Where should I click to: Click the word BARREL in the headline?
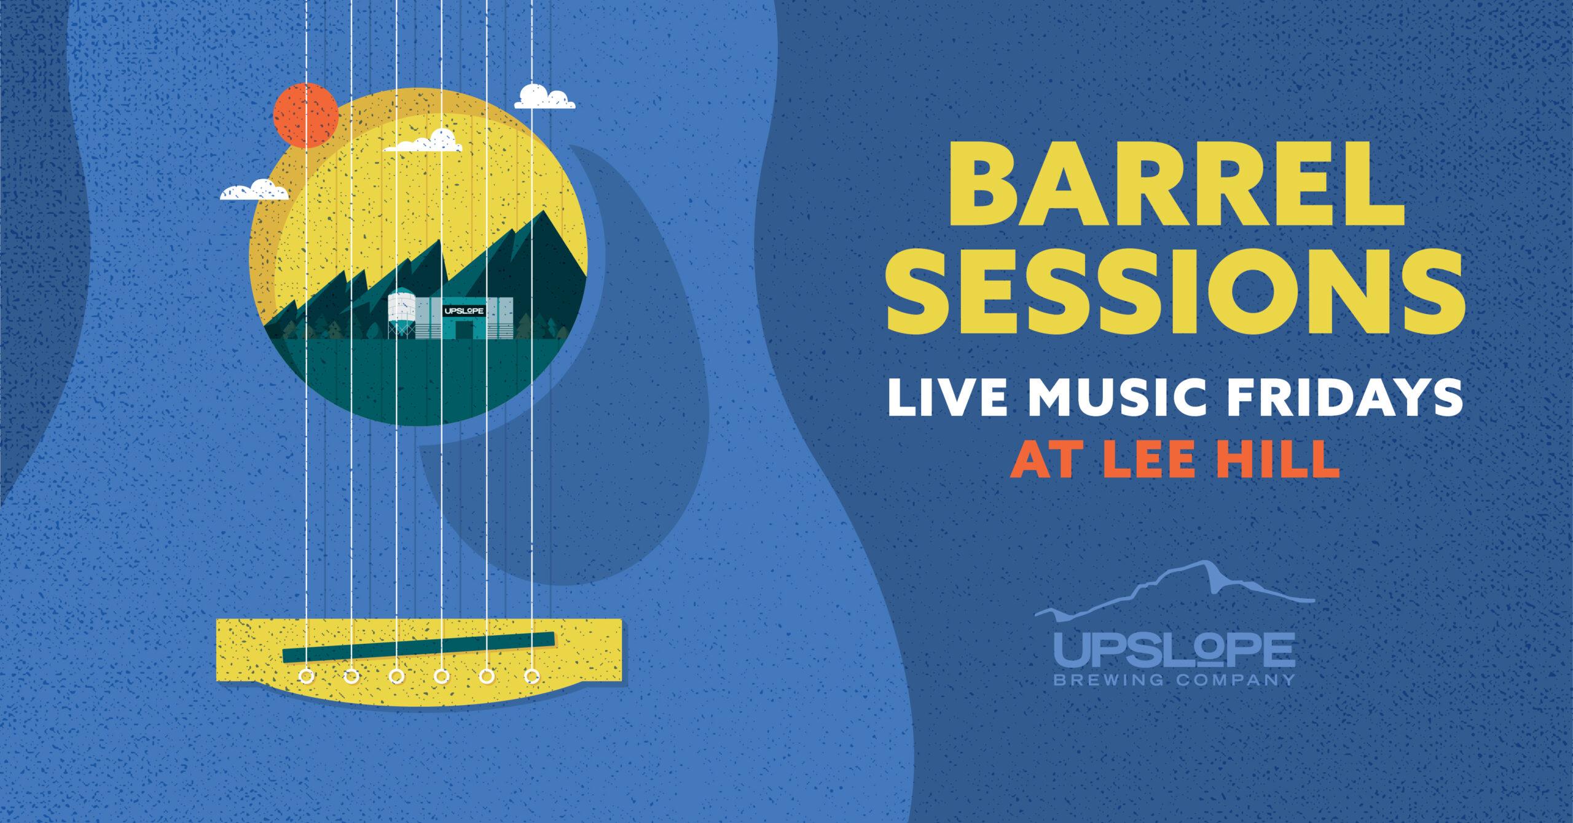click(x=1176, y=184)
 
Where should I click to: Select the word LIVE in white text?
click(x=947, y=397)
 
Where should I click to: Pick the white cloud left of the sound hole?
click(x=254, y=190)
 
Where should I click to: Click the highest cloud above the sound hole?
click(x=544, y=97)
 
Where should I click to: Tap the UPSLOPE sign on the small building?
click(x=464, y=311)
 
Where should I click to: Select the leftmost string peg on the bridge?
click(x=306, y=677)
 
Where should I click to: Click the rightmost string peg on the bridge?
click(x=532, y=677)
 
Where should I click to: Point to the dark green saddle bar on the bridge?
click(x=418, y=647)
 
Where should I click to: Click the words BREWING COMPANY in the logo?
click(x=1174, y=680)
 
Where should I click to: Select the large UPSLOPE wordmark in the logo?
click(x=1174, y=650)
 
